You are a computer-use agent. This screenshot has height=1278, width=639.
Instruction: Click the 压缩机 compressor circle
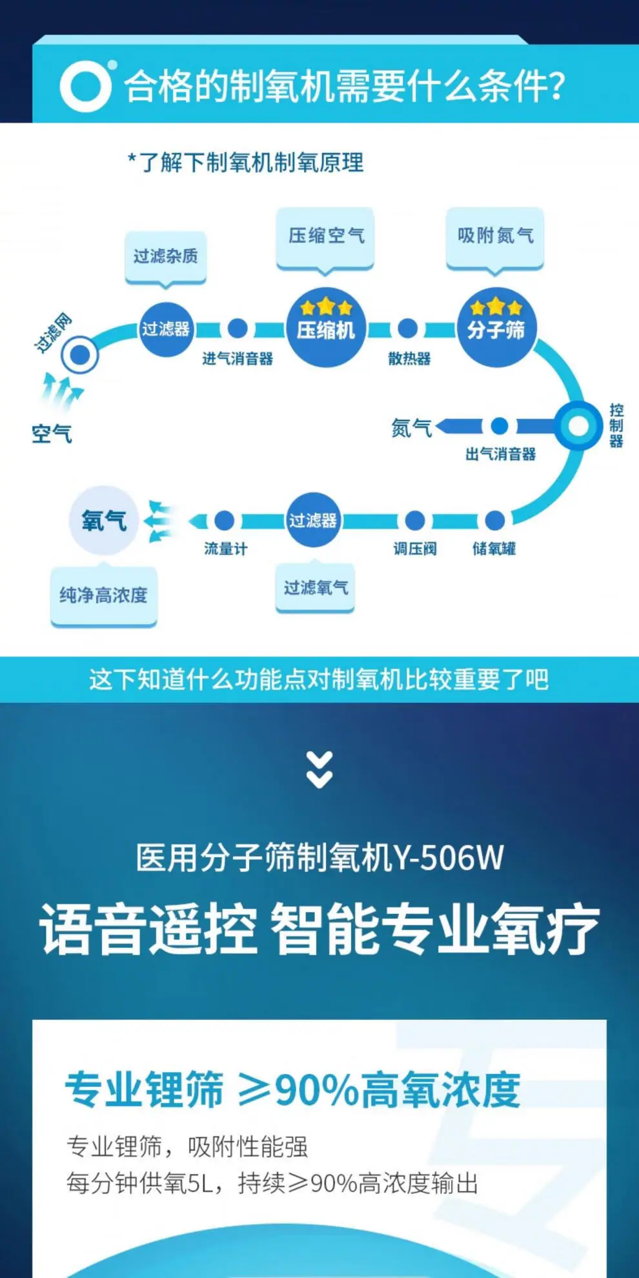click(x=325, y=327)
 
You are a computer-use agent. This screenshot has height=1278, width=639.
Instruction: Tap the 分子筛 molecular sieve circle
click(x=496, y=327)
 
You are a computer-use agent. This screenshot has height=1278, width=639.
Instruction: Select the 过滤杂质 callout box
click(x=166, y=257)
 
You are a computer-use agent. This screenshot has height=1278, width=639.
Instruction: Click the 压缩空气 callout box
click(x=326, y=236)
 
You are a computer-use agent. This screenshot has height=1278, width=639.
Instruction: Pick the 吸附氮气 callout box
click(x=495, y=236)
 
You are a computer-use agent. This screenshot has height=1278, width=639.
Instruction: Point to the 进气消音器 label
click(x=238, y=359)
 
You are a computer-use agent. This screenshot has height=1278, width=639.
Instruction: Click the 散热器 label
click(x=409, y=359)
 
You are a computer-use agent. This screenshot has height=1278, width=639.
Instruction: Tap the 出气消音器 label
click(x=500, y=454)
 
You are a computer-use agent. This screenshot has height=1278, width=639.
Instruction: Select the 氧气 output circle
click(x=103, y=520)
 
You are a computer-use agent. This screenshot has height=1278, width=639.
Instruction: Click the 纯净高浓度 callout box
click(x=104, y=595)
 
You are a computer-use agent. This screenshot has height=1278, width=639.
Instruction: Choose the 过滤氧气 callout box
click(x=316, y=587)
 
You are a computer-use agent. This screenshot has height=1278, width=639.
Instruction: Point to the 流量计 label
click(x=225, y=549)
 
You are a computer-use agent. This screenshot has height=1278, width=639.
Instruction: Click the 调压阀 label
click(x=415, y=549)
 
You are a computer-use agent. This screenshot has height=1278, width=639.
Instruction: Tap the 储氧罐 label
click(x=494, y=549)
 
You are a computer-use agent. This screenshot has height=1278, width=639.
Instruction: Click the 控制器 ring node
click(x=578, y=426)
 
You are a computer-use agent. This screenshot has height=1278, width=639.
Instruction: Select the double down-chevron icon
click(x=319, y=769)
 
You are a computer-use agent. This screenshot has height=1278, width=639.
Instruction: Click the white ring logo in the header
click(x=85, y=86)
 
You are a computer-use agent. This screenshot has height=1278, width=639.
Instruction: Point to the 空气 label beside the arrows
click(x=52, y=434)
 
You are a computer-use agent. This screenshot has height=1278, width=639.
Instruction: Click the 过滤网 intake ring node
click(x=80, y=354)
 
